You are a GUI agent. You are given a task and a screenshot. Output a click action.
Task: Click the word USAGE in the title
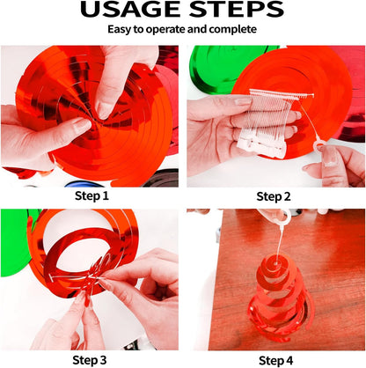[130, 10]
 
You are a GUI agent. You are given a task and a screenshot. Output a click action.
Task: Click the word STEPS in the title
[237, 10]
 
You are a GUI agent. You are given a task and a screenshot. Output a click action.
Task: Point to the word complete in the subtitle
[233, 30]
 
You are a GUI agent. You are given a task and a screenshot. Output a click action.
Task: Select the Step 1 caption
[91, 195]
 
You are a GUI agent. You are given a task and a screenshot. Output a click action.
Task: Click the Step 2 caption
[274, 196]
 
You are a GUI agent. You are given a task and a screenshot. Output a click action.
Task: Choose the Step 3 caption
[90, 360]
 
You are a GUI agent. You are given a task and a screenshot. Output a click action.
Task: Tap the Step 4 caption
[275, 360]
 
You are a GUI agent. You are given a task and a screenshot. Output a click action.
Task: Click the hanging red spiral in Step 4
[280, 301]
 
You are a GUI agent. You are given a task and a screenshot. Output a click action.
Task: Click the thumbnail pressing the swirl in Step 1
[104, 111]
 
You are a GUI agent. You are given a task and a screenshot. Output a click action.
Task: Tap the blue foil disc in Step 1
[84, 184]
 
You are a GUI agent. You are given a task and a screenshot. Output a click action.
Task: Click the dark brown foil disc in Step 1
[162, 179]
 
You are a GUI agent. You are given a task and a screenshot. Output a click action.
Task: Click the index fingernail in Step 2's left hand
[243, 101]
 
